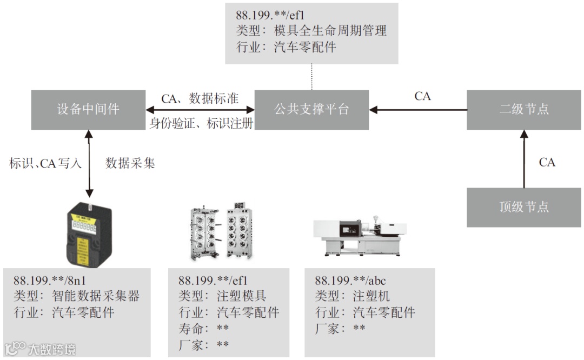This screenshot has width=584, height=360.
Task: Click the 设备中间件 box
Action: tap(88, 109)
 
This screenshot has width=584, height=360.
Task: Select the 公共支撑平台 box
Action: tap(311, 109)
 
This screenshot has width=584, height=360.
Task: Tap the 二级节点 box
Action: tap(523, 109)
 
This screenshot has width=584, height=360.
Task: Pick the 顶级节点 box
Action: tap(523, 207)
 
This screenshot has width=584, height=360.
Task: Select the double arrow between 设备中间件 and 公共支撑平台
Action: tap(200, 110)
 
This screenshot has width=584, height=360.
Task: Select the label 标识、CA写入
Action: tap(45, 163)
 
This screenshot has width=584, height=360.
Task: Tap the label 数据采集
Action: tap(130, 163)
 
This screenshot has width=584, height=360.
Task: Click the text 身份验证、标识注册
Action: tap(201, 124)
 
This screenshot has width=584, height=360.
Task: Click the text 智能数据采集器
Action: tap(96, 296)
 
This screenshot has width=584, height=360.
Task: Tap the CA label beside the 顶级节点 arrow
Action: tap(547, 162)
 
